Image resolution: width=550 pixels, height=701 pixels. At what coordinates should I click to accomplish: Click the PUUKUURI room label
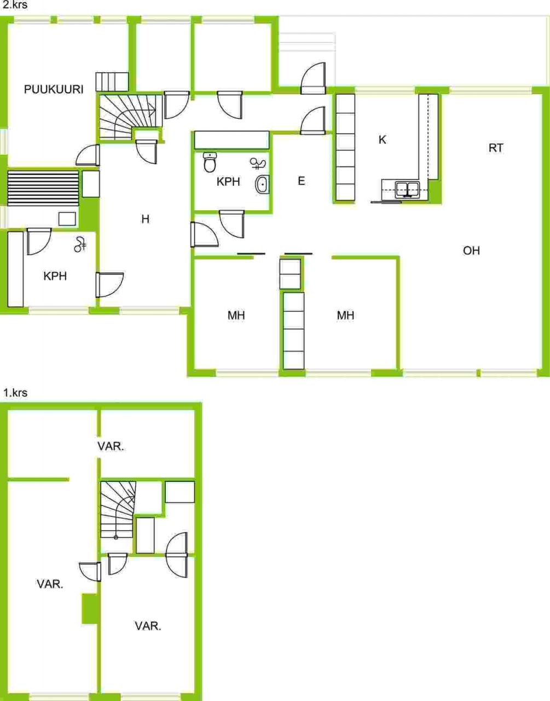[54, 89]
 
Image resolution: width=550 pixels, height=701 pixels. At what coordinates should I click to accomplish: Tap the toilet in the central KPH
[210, 162]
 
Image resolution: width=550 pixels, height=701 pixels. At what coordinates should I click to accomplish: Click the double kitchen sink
[408, 189]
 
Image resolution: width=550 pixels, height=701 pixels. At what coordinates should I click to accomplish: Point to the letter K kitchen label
[382, 140]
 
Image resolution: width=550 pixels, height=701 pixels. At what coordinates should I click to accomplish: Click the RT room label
[496, 148]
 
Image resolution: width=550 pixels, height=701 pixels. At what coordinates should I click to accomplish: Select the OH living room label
[471, 251]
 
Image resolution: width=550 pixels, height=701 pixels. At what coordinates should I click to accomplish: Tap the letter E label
[301, 181]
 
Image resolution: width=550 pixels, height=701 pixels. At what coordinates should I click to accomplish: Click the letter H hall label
[146, 220]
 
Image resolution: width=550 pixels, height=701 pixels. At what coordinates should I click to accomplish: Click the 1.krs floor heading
[15, 393]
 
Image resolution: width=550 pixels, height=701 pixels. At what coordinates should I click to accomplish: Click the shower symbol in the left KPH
[80, 244]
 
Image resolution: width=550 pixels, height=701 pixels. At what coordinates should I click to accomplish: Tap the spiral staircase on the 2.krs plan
[130, 117]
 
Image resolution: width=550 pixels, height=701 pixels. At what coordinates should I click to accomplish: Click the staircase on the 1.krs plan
[117, 510]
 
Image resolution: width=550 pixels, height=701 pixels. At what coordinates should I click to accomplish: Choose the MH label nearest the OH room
[345, 315]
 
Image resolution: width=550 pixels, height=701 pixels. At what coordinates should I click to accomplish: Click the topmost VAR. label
[111, 446]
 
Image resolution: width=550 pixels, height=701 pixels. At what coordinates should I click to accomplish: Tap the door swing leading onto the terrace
[313, 78]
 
